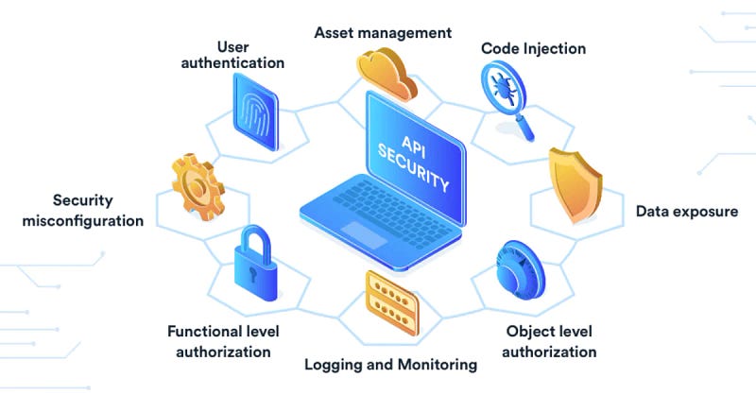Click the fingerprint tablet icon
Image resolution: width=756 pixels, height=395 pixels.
(255, 112)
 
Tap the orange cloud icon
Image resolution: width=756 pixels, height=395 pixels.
(387, 74)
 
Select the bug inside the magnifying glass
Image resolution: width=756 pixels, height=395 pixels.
(503, 87)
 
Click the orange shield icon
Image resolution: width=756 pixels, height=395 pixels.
(576, 185)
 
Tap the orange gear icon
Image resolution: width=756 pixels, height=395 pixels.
(198, 187)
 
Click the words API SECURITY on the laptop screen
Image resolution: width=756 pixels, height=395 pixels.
(414, 163)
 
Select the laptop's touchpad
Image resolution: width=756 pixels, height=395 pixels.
(365, 235)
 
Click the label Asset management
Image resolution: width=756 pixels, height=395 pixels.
(383, 33)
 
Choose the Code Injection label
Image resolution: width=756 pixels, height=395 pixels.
(533, 49)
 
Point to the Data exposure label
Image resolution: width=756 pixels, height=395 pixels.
(687, 212)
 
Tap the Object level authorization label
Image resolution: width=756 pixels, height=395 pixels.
(549, 341)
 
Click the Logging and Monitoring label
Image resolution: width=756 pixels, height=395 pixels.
(390, 365)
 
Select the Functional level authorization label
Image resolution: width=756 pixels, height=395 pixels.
(223, 341)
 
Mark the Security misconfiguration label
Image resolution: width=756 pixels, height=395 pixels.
(83, 211)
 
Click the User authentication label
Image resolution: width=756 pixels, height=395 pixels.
(232, 55)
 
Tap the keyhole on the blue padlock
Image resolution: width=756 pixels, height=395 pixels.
(252, 274)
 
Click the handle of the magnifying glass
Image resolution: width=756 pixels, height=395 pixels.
(524, 127)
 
